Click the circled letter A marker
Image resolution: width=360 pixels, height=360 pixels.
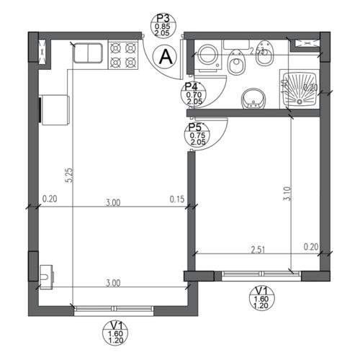(166, 55)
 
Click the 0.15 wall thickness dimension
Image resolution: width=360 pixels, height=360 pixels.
(176, 199)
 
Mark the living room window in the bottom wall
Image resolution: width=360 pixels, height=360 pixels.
(114, 309)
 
